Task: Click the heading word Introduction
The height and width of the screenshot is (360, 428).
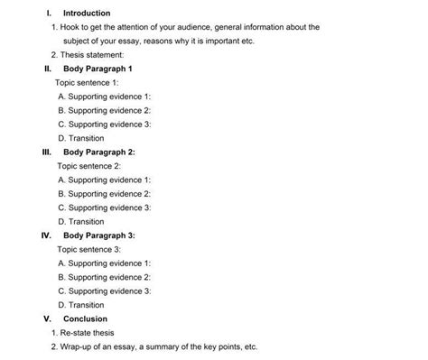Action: tap(87, 14)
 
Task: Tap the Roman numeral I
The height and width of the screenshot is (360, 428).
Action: tap(46, 14)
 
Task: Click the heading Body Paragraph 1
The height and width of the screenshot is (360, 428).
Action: tap(98, 69)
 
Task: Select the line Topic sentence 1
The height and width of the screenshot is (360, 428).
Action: tap(88, 82)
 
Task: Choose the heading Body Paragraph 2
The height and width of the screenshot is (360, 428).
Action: tap(98, 152)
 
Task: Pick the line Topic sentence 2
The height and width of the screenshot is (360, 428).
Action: tap(88, 166)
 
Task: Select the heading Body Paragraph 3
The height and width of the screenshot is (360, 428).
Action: tap(98, 235)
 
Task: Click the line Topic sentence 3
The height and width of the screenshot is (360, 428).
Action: tap(88, 249)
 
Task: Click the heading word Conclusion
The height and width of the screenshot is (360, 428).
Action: tap(85, 318)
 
